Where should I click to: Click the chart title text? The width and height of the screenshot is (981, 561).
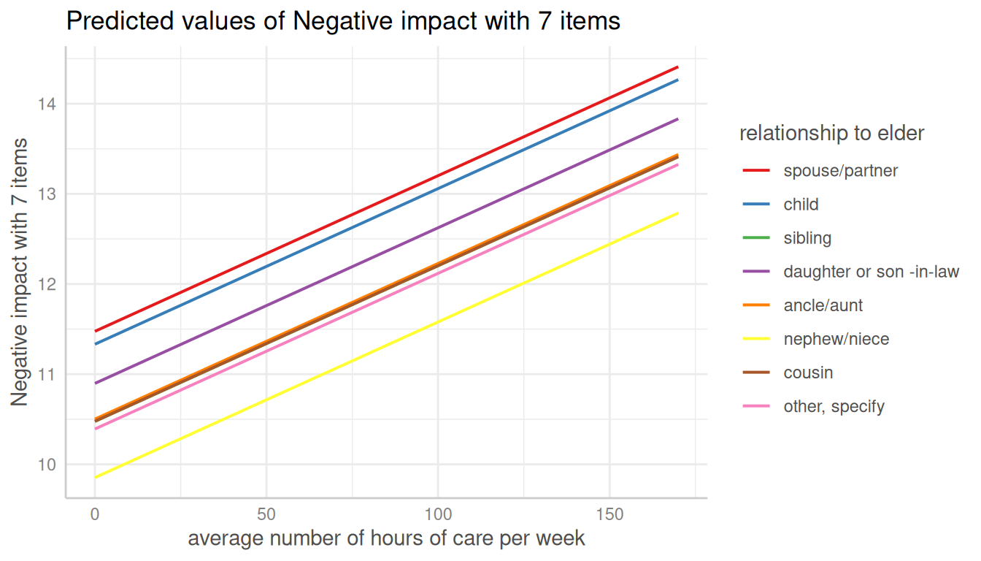[x=343, y=21]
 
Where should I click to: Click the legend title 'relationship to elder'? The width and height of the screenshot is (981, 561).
[x=831, y=134]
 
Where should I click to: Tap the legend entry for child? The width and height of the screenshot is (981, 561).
[x=801, y=205]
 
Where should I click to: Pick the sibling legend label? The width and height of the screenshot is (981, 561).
[x=807, y=238]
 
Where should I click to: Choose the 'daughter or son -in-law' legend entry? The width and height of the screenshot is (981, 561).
[x=871, y=272]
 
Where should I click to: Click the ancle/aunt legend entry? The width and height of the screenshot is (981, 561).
[x=823, y=305]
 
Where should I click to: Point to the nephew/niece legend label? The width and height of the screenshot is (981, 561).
[x=836, y=339]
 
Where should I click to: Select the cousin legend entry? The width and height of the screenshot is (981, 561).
[x=808, y=373]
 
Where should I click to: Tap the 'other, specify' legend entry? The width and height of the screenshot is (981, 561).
[x=834, y=406]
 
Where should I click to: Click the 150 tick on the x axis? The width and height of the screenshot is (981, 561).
[x=609, y=514]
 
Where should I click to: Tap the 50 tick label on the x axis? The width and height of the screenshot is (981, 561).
[x=266, y=514]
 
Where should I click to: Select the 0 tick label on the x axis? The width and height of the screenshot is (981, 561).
[x=95, y=514]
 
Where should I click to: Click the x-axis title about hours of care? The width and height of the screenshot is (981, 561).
[x=386, y=539]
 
